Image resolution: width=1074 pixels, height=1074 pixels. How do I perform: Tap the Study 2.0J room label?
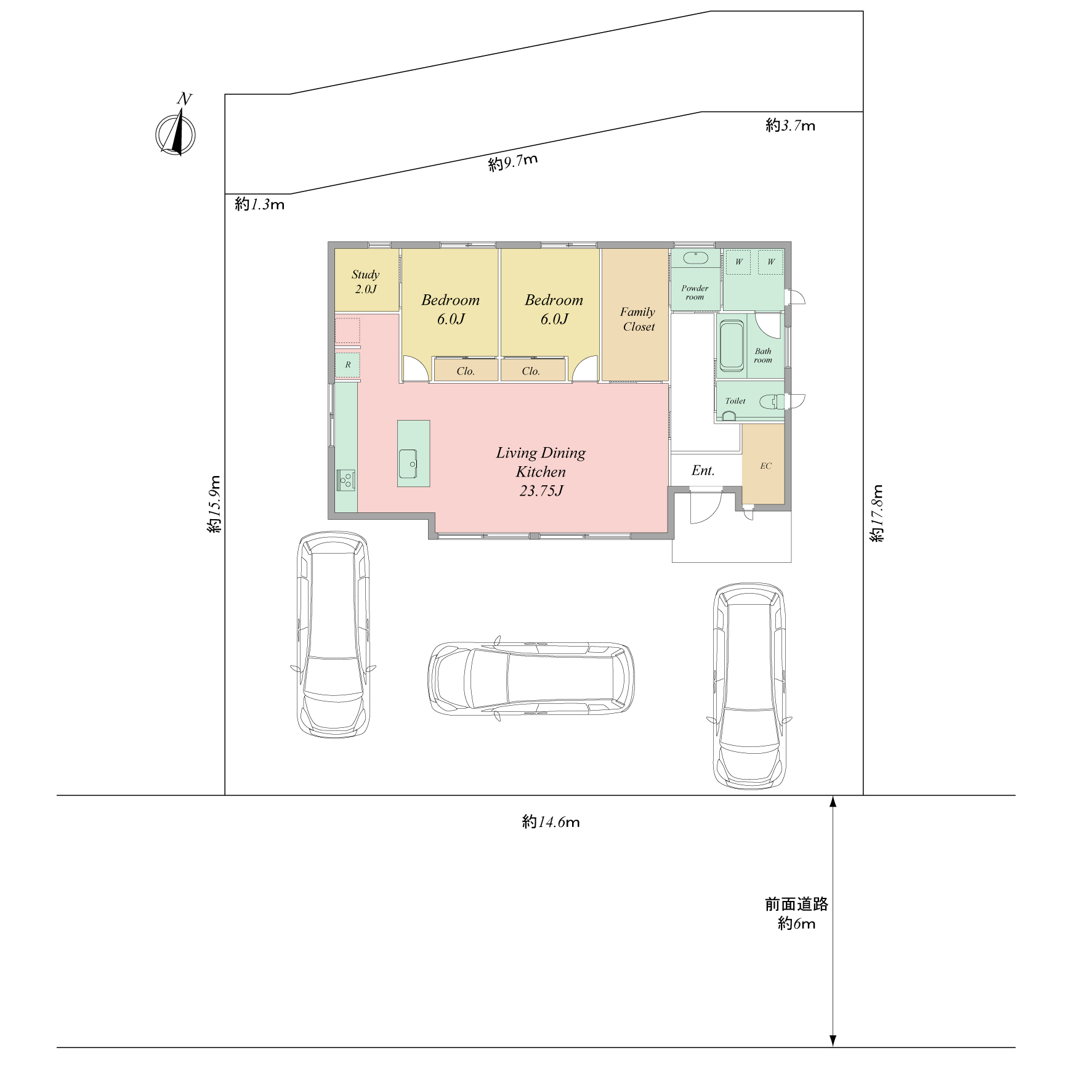point(366,281)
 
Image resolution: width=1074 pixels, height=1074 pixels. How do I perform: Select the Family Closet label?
point(638,319)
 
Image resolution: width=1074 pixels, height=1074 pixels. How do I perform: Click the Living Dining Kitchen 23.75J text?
point(541,472)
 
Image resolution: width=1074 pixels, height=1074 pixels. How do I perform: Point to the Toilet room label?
point(735,401)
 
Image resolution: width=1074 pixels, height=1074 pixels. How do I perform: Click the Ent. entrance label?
point(703,470)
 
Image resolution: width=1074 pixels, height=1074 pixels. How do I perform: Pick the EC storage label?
point(765,466)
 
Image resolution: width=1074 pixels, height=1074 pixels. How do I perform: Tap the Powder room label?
point(695,293)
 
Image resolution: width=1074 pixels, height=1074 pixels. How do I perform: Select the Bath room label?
point(763,356)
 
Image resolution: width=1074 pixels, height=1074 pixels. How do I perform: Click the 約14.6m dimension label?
point(551,822)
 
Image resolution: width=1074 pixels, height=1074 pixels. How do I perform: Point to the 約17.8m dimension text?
point(877,514)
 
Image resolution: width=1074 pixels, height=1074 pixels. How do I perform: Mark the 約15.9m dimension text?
point(214,504)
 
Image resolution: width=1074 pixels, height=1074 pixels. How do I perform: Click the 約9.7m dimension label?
point(513,163)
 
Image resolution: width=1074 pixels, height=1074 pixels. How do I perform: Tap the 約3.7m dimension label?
point(791,126)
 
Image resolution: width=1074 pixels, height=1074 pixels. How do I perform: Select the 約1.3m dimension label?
point(259,204)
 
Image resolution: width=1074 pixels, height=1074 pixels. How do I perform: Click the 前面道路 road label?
point(797,904)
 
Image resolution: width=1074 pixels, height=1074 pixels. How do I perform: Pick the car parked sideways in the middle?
point(531,677)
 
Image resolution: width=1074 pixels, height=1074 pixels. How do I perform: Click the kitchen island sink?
point(408,464)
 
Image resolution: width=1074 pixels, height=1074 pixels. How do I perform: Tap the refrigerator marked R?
point(348,365)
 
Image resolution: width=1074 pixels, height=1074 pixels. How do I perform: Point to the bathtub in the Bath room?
point(732,345)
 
